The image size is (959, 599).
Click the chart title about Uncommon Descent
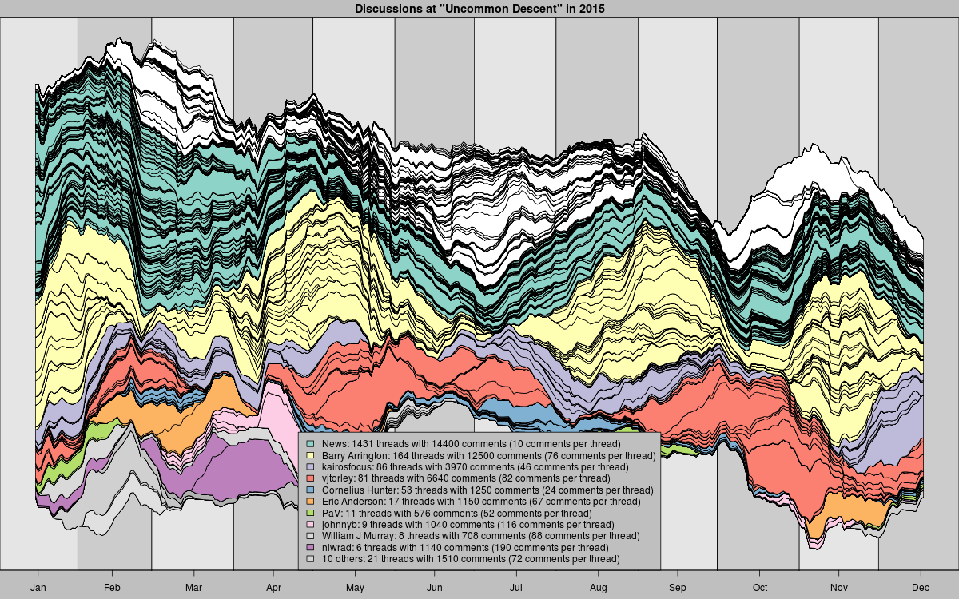479,8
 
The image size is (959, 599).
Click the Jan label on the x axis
38,588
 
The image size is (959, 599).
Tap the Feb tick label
112,588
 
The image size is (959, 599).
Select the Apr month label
273,588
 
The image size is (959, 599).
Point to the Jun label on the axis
435,588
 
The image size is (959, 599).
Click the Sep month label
678,588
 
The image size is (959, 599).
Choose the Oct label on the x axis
758,588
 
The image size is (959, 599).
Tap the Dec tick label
921,588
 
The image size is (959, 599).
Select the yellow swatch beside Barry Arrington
310,455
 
